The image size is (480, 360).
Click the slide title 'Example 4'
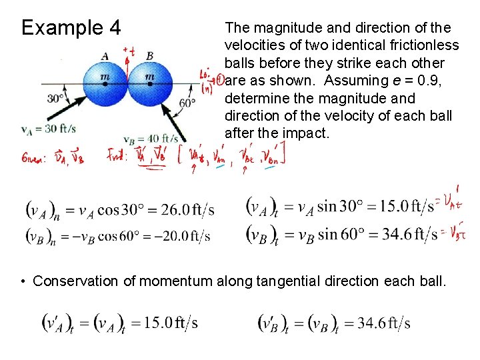coord(71,28)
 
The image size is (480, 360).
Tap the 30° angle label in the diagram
coord(56,99)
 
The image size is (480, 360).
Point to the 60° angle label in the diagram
coord(187,102)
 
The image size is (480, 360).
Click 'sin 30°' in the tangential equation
coord(336,206)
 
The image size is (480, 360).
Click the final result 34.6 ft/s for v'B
coord(383,324)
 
